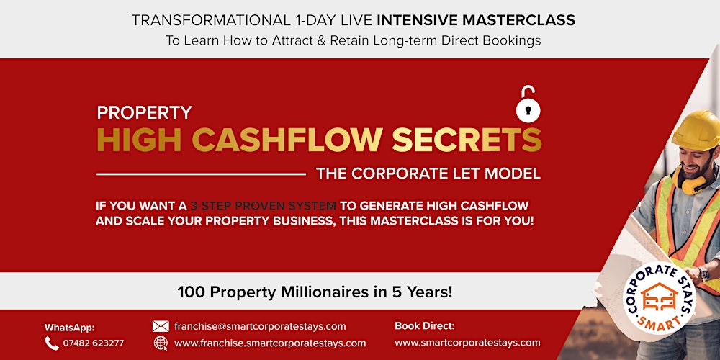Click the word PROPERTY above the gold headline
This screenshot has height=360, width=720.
(x=144, y=113)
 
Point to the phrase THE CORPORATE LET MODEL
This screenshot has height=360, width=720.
(x=428, y=174)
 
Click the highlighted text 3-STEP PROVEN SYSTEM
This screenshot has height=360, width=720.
(x=263, y=206)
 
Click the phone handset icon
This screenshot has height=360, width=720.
(x=52, y=343)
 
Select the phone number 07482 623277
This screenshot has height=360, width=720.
(x=94, y=343)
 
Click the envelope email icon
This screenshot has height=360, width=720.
(x=161, y=326)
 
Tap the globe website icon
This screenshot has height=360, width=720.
(x=161, y=343)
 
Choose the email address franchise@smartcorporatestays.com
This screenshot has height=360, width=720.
(x=260, y=326)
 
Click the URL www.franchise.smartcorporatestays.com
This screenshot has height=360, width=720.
(x=270, y=343)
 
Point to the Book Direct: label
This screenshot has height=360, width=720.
(x=425, y=325)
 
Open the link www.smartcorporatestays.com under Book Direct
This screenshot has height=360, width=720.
(x=467, y=343)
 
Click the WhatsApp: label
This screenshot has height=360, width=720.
(x=70, y=328)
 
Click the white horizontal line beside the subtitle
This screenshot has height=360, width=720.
(x=201, y=174)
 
